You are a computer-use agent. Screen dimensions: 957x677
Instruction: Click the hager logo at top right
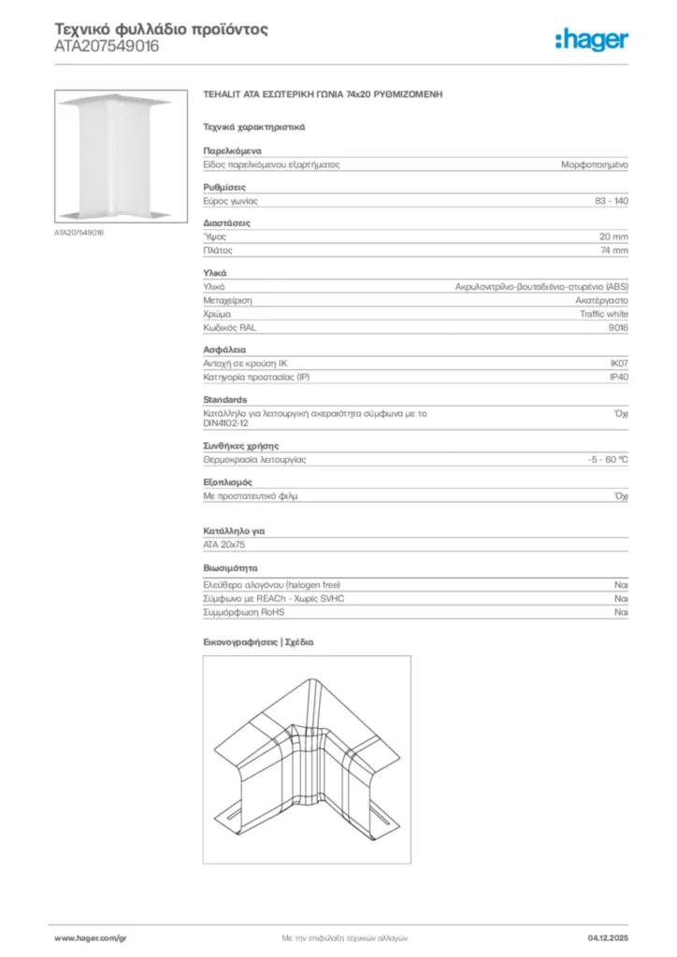pos(592,39)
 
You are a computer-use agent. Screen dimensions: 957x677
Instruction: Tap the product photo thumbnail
pos(114,156)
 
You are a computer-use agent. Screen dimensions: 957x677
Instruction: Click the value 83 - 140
pos(612,201)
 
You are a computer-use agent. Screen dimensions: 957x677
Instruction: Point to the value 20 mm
pos(613,236)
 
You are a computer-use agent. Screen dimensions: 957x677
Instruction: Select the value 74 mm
pos(613,250)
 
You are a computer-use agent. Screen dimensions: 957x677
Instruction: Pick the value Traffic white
pos(604,314)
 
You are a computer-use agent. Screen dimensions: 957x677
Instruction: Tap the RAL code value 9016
pos(618,328)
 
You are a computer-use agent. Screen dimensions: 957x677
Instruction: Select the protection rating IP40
pos(618,378)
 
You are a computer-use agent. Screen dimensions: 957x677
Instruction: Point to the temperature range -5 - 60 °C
pos(601,460)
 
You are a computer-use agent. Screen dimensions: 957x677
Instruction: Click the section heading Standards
pos(225,399)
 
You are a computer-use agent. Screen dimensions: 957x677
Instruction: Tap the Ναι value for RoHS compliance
pos(621,612)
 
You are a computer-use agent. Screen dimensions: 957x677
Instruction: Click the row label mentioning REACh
pos(273,598)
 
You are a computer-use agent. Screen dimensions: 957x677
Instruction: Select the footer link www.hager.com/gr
pos(90,936)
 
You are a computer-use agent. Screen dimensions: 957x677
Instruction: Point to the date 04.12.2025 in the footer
pos(608,936)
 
